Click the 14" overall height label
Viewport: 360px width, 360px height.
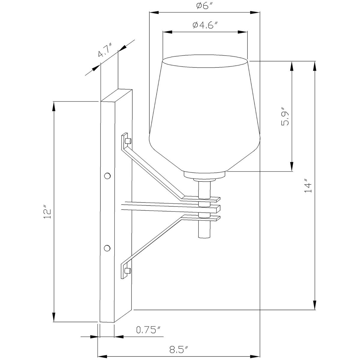308,187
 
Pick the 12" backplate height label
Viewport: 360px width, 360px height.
47,212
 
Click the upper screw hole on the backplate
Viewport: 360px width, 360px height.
107,175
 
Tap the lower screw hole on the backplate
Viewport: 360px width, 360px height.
107,248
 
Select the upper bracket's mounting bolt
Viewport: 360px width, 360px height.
128,141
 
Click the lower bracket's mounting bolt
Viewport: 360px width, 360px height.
128,271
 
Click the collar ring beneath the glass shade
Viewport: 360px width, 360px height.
205,175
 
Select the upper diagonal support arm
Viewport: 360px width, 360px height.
153,171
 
